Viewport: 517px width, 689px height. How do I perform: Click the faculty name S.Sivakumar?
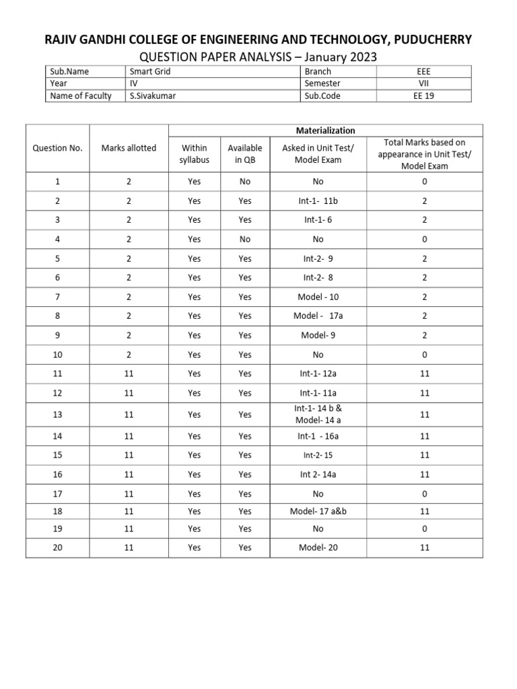tap(156, 96)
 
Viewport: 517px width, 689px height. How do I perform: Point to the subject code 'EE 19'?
tap(424, 96)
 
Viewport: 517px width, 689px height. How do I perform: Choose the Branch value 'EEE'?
tap(424, 71)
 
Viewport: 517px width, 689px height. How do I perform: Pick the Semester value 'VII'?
tap(424, 83)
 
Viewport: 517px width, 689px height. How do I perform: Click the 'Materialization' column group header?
tap(325, 131)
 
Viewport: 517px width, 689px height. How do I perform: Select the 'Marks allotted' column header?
tap(129, 148)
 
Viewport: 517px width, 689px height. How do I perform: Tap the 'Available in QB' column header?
tap(245, 153)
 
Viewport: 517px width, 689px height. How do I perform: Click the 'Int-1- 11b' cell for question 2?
tap(318, 201)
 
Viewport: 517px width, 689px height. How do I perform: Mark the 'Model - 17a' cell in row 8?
tap(318, 316)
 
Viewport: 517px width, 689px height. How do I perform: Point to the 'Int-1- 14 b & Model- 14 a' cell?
tap(318, 414)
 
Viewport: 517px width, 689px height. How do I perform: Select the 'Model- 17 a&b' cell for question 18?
tap(318, 511)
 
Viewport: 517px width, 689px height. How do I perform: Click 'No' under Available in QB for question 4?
tap(245, 239)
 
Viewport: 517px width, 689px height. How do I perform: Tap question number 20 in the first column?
tap(57, 548)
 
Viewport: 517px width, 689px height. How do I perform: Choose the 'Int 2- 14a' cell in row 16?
tap(318, 474)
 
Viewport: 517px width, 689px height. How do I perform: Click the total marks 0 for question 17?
tap(425, 493)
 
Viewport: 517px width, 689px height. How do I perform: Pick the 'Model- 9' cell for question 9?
tap(318, 335)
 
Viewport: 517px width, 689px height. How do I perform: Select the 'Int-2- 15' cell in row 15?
tap(318, 456)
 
